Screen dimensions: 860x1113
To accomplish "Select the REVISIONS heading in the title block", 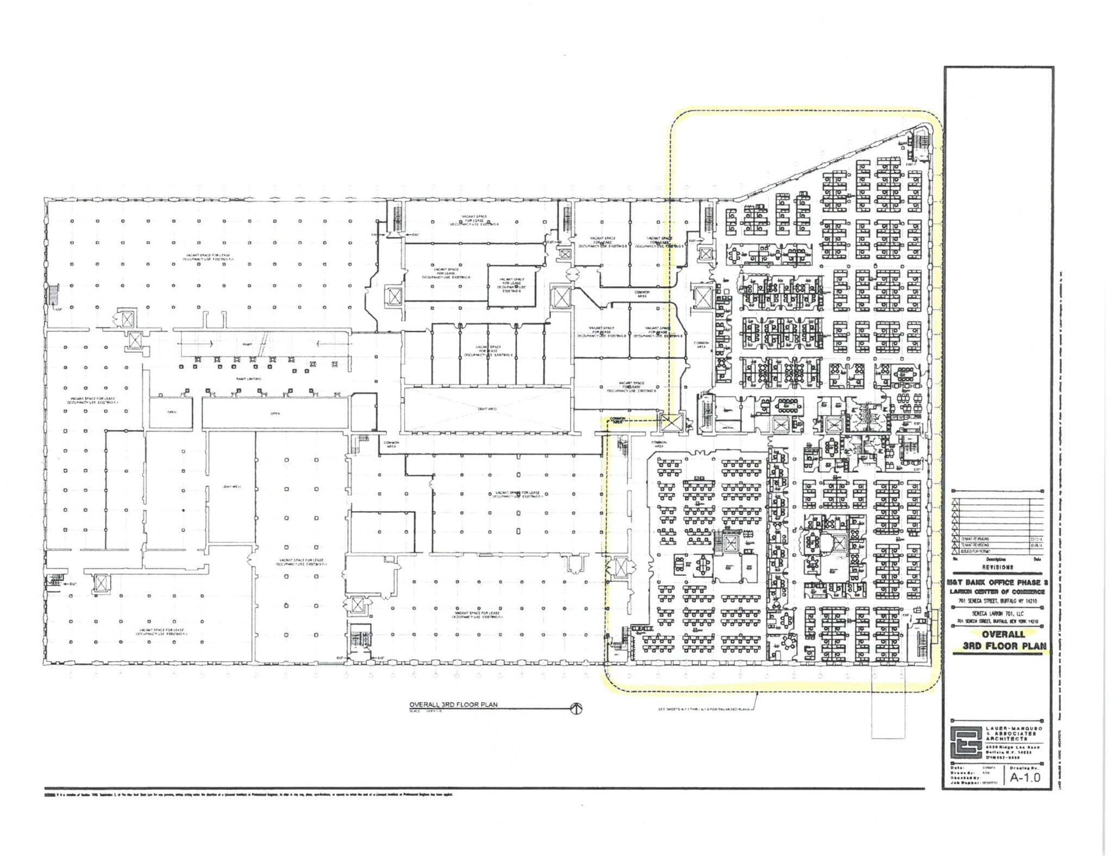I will coord(997,567).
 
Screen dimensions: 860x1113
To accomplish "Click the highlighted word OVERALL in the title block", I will coord(1003,634).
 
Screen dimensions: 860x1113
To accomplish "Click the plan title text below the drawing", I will coord(453,705).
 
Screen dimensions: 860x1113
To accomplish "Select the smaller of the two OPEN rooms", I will coord(171,412).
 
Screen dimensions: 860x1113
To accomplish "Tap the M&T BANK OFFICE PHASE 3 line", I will coord(997,582).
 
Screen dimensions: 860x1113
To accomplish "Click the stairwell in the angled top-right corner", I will coord(918,146).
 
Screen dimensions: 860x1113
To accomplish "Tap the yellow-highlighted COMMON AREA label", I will coord(619,419).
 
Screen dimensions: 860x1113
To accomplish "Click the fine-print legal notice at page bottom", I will coord(250,794).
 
